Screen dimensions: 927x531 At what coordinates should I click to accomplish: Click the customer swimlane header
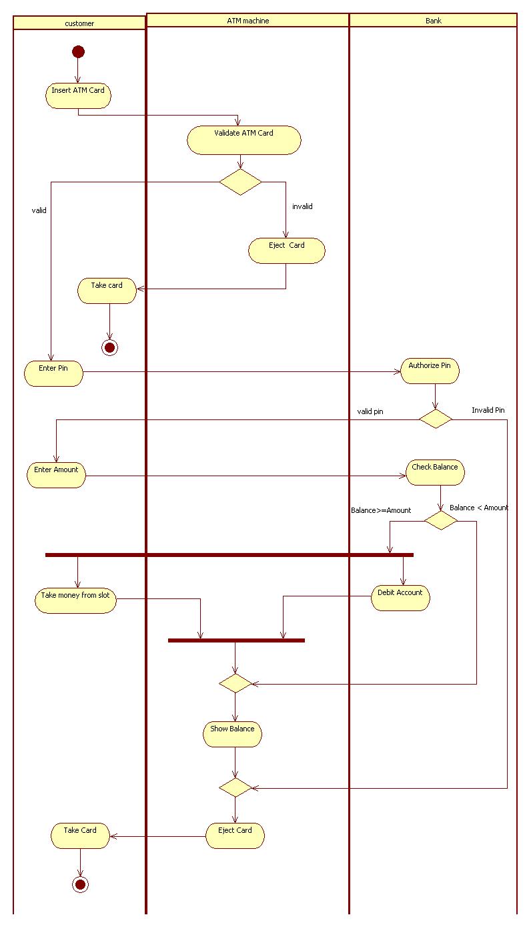79,23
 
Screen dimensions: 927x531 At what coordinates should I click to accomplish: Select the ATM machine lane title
247,21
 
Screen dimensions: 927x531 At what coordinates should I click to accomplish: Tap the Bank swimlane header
433,21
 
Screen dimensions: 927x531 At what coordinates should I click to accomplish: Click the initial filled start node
78,51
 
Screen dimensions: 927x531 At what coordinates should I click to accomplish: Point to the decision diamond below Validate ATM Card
240,182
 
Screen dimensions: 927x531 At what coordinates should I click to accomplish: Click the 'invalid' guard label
302,206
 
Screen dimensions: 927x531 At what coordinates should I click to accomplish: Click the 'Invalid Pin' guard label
488,410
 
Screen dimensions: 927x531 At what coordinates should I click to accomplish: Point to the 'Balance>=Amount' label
381,510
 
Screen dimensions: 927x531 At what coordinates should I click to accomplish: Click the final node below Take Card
80,884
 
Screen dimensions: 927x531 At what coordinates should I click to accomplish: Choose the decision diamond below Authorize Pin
435,419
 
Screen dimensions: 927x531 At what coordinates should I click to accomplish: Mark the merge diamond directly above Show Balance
235,683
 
